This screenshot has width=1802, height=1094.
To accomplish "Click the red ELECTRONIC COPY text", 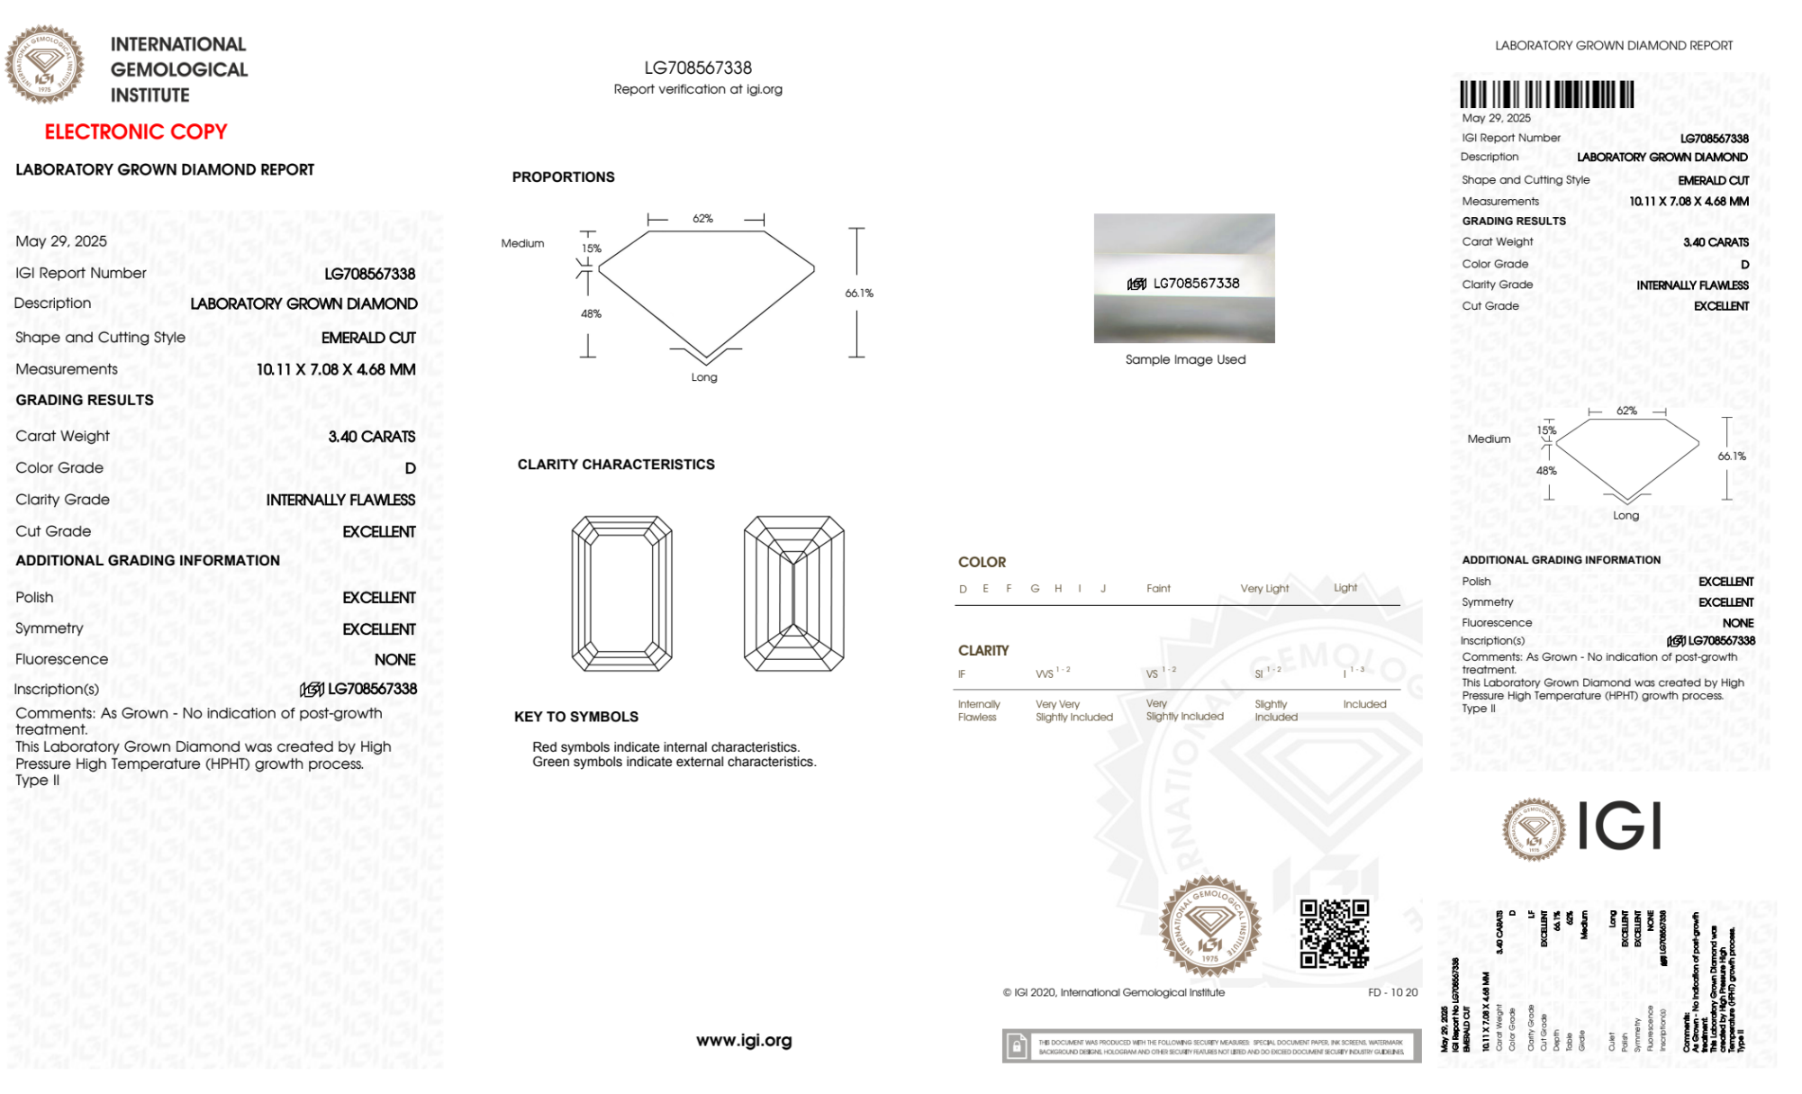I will click(136, 131).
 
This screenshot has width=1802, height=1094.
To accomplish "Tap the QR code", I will click(1334, 934).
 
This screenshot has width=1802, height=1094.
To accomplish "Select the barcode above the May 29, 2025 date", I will click(1546, 95).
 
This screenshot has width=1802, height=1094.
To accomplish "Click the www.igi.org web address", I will click(744, 1040).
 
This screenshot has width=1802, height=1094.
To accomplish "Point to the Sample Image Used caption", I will click(1185, 359).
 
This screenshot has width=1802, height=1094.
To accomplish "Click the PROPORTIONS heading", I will click(563, 177).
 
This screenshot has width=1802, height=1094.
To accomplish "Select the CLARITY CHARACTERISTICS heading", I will click(616, 465).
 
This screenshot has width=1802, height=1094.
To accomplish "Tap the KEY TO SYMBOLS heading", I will click(576, 717).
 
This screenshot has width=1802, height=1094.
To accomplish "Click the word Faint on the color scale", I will click(1158, 589).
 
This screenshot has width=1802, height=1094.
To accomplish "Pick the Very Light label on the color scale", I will click(1264, 589).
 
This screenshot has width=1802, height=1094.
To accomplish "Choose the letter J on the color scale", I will click(1103, 589).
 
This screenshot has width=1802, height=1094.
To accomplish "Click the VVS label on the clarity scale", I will click(1045, 674).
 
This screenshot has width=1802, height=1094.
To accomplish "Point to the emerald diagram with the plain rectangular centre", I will click(621, 593).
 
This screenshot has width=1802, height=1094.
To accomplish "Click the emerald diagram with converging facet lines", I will click(793, 593).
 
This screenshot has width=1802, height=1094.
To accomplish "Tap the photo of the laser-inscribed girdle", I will click(1184, 278).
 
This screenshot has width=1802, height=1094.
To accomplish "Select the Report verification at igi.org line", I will click(698, 89).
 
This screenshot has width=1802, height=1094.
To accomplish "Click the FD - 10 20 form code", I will click(1392, 992).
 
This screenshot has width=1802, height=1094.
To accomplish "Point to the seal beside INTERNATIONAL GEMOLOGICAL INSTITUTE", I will click(44, 64).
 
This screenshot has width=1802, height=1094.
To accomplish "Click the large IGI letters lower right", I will click(1619, 827).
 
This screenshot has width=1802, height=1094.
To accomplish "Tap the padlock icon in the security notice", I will click(1017, 1046).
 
